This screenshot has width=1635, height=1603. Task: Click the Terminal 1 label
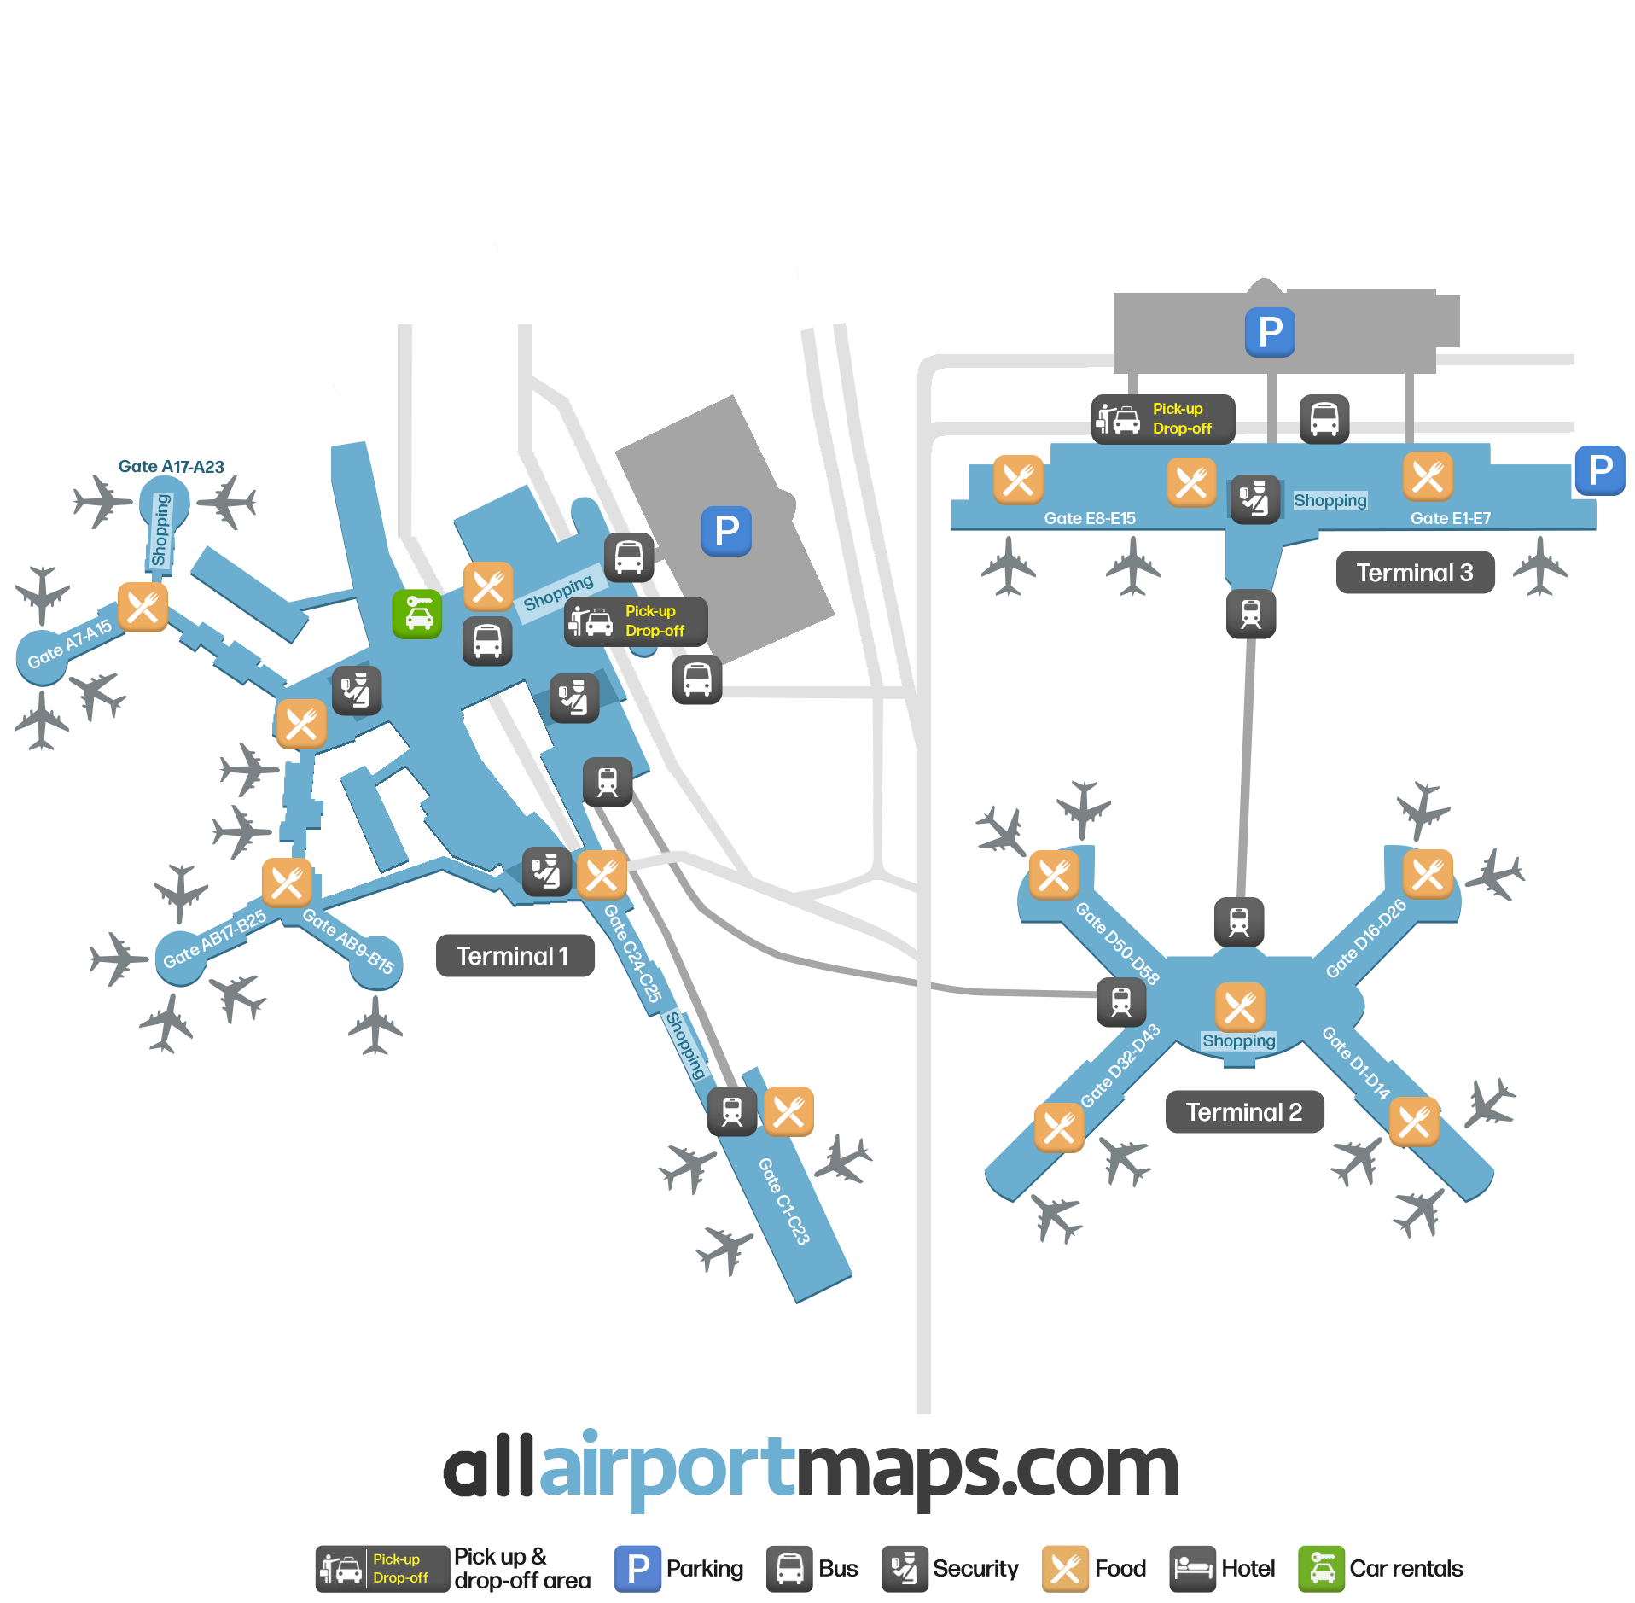pyautogui.click(x=515, y=955)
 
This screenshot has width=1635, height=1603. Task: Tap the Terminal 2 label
pyautogui.click(x=1244, y=1111)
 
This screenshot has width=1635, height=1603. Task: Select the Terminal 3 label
pyautogui.click(x=1415, y=572)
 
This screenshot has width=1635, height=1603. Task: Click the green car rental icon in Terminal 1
pyautogui.click(x=417, y=614)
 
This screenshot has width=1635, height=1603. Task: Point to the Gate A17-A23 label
pyautogui.click(x=172, y=467)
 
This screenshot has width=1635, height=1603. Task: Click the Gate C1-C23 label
pyautogui.click(x=783, y=1200)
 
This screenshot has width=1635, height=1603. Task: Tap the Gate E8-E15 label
pyautogui.click(x=1090, y=518)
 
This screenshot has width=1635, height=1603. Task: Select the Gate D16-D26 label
pyautogui.click(x=1365, y=938)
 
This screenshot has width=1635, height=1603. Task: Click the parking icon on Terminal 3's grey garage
pyautogui.click(x=1270, y=332)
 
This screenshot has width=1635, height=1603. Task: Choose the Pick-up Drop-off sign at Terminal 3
pyautogui.click(x=1163, y=419)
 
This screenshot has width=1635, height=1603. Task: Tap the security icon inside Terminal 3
pyautogui.click(x=1254, y=498)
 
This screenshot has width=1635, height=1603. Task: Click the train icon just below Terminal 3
pyautogui.click(x=1251, y=613)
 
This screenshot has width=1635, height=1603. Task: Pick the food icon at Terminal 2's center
pyautogui.click(x=1240, y=1007)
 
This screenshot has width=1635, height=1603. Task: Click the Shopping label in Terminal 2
pyautogui.click(x=1238, y=1040)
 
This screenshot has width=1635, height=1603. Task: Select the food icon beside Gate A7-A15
pyautogui.click(x=143, y=607)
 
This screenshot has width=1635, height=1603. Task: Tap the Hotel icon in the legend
pyautogui.click(x=1192, y=1568)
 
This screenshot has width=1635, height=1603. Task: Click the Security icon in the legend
pyautogui.click(x=905, y=1568)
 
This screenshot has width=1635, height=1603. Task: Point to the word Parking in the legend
pyautogui.click(x=705, y=1568)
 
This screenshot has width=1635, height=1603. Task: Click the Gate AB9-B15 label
pyautogui.click(x=349, y=941)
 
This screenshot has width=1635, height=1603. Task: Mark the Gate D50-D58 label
pyautogui.click(x=1117, y=944)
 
